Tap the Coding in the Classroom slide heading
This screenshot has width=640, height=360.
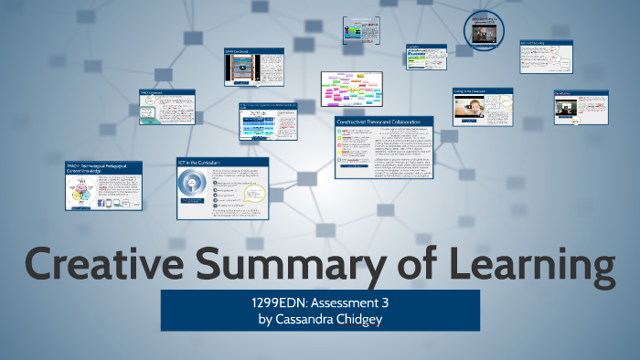[475, 91]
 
